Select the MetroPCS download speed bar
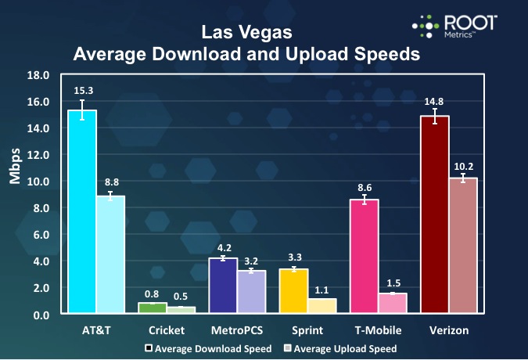tap(223, 286)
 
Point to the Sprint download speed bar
tap(293, 291)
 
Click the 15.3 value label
tap(82, 92)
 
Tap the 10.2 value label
tap(463, 165)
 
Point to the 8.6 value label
tap(365, 188)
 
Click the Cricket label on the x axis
tap(167, 331)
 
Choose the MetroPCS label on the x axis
tap(237, 331)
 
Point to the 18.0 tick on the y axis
tap(38, 75)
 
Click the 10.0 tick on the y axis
tap(38, 182)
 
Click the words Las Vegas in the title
tap(246, 33)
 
